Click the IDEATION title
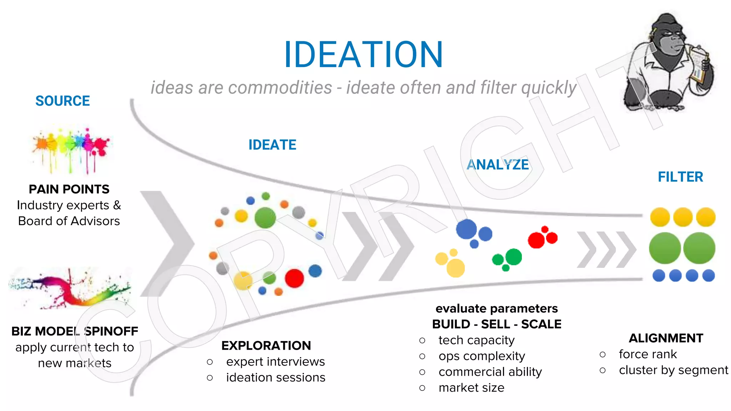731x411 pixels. [363, 55]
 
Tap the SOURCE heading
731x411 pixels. [62, 101]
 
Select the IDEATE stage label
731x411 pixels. [272, 145]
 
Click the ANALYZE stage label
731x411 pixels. [498, 164]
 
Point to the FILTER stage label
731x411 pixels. [680, 177]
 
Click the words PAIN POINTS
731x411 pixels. [69, 189]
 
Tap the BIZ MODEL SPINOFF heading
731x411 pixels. [75, 331]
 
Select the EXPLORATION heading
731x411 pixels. [266, 345]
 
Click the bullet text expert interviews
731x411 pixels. [275, 361]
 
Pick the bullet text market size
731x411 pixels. [471, 387]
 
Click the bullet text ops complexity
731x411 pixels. [482, 356]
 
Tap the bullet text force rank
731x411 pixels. [647, 354]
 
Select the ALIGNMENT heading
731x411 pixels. [666, 338]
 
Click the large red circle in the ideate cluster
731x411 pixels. [294, 278]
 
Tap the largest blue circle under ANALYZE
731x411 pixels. [466, 229]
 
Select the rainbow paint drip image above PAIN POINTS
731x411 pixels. [70, 150]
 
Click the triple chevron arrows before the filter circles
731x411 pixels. [606, 249]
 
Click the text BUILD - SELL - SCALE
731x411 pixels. [496, 324]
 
